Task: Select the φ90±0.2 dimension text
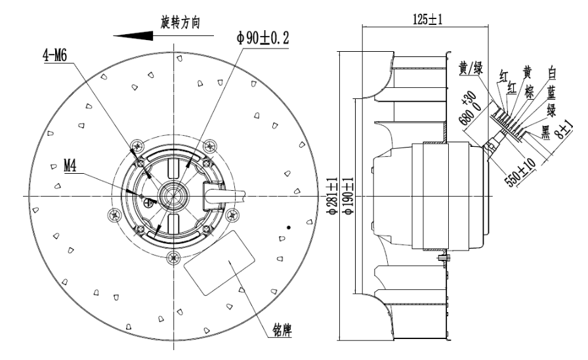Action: (263, 38)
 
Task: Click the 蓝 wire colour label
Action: (553, 94)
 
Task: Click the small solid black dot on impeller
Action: (287, 227)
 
